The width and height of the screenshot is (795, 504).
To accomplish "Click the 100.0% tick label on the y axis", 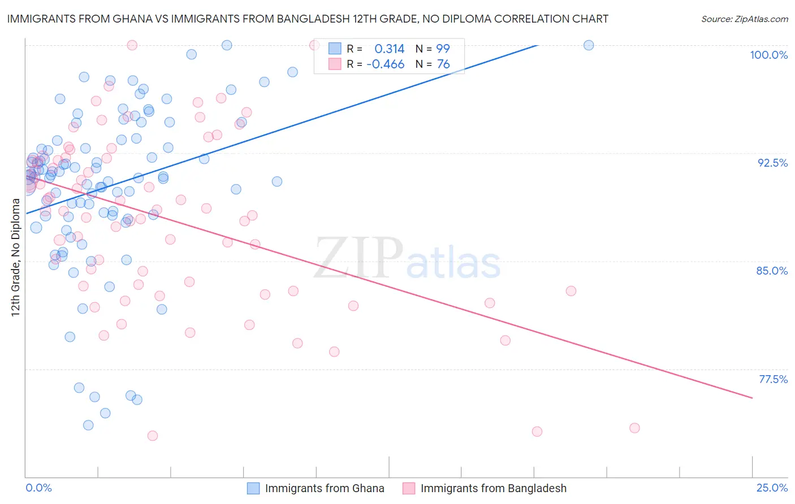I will [x=768, y=55].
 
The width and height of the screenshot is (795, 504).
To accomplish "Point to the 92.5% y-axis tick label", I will [x=772, y=163].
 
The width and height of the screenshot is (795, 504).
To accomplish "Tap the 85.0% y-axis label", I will [x=772, y=271].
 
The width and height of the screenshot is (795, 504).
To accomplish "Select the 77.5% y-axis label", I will [x=773, y=379].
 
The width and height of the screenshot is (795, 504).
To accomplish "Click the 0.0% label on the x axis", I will [x=38, y=488].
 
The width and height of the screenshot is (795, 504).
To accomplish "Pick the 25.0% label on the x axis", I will [x=772, y=488].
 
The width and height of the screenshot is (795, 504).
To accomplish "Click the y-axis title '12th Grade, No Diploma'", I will [x=15, y=257].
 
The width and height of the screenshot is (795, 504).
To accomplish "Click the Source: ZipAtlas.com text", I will [x=744, y=19].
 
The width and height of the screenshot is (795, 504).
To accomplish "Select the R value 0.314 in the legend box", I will [x=390, y=49].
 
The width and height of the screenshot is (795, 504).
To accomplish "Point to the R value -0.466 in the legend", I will [x=386, y=64].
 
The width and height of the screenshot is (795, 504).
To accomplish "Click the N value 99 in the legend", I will [x=443, y=49].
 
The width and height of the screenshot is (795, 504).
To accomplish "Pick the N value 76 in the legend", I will [x=443, y=64].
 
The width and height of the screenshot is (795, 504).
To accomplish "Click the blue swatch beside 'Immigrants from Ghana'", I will [x=253, y=488].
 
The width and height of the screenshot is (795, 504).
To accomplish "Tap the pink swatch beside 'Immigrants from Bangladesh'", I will [x=409, y=488].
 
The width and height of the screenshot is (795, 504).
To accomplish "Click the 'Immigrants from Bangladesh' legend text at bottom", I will [x=493, y=488].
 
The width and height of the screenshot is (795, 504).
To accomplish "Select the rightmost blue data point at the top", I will [x=589, y=45].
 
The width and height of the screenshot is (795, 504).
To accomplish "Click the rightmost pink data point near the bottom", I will [x=634, y=428].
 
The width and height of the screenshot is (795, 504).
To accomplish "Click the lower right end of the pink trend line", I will [x=752, y=398].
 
